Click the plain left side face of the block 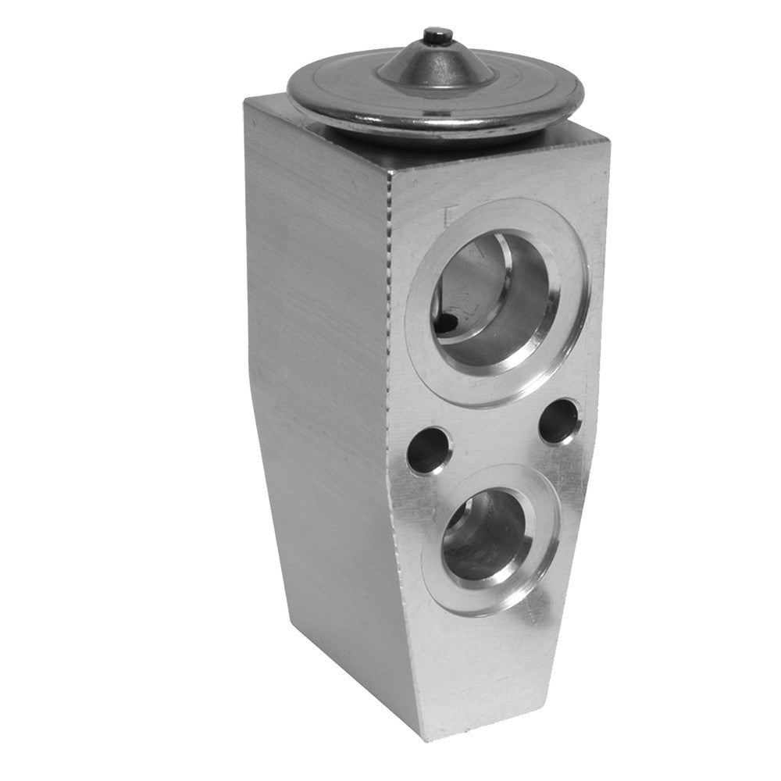point(312,390)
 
